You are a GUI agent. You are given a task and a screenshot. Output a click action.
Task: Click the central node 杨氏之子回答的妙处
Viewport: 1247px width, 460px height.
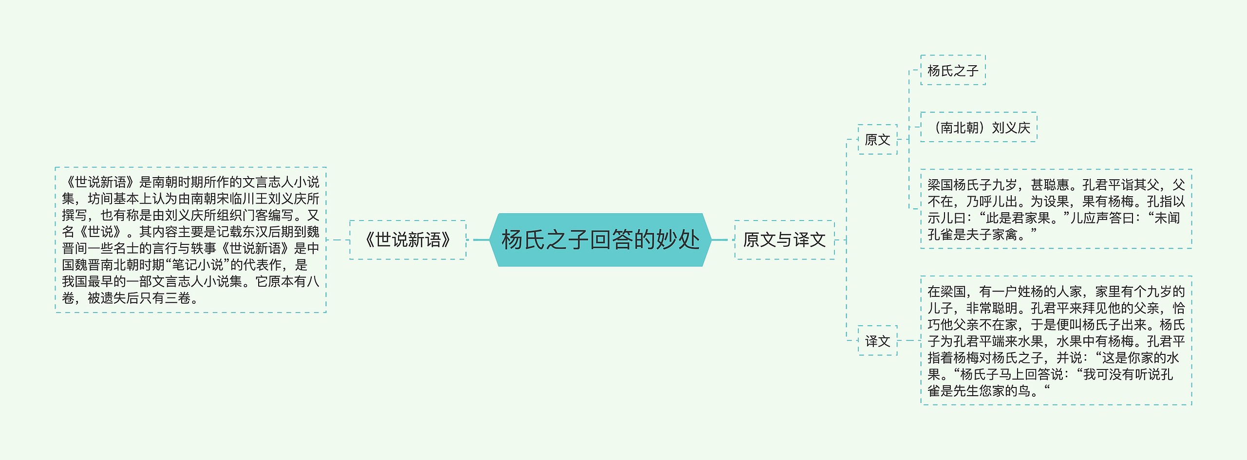tap(600, 239)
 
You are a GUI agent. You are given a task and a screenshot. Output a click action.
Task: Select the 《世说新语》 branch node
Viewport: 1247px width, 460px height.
tap(408, 239)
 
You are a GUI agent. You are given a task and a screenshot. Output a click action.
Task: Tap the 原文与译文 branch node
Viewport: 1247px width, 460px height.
tap(784, 239)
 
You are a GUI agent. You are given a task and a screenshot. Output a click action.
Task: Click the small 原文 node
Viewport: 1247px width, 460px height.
tap(877, 140)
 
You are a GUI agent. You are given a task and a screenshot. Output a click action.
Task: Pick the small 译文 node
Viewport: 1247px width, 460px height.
tap(877, 341)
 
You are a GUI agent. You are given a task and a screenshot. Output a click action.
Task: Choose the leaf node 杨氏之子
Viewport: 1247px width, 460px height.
tap(953, 71)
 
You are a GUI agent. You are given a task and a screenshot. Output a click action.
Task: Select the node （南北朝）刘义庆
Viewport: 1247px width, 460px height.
tap(979, 128)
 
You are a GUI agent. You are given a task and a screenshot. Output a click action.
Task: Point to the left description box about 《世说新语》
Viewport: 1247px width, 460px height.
tap(190, 239)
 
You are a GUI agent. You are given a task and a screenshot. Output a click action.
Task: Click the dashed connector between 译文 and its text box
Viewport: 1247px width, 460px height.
tap(908, 341)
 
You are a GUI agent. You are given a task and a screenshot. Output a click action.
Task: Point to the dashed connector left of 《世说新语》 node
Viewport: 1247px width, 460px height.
tap(338, 239)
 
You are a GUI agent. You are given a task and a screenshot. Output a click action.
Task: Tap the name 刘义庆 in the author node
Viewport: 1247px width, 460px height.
tap(1011, 128)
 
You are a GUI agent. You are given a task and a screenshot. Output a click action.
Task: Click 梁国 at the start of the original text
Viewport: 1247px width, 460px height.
tap(940, 185)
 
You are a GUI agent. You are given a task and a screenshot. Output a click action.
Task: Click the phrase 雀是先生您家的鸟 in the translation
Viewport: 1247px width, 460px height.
tap(979, 391)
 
